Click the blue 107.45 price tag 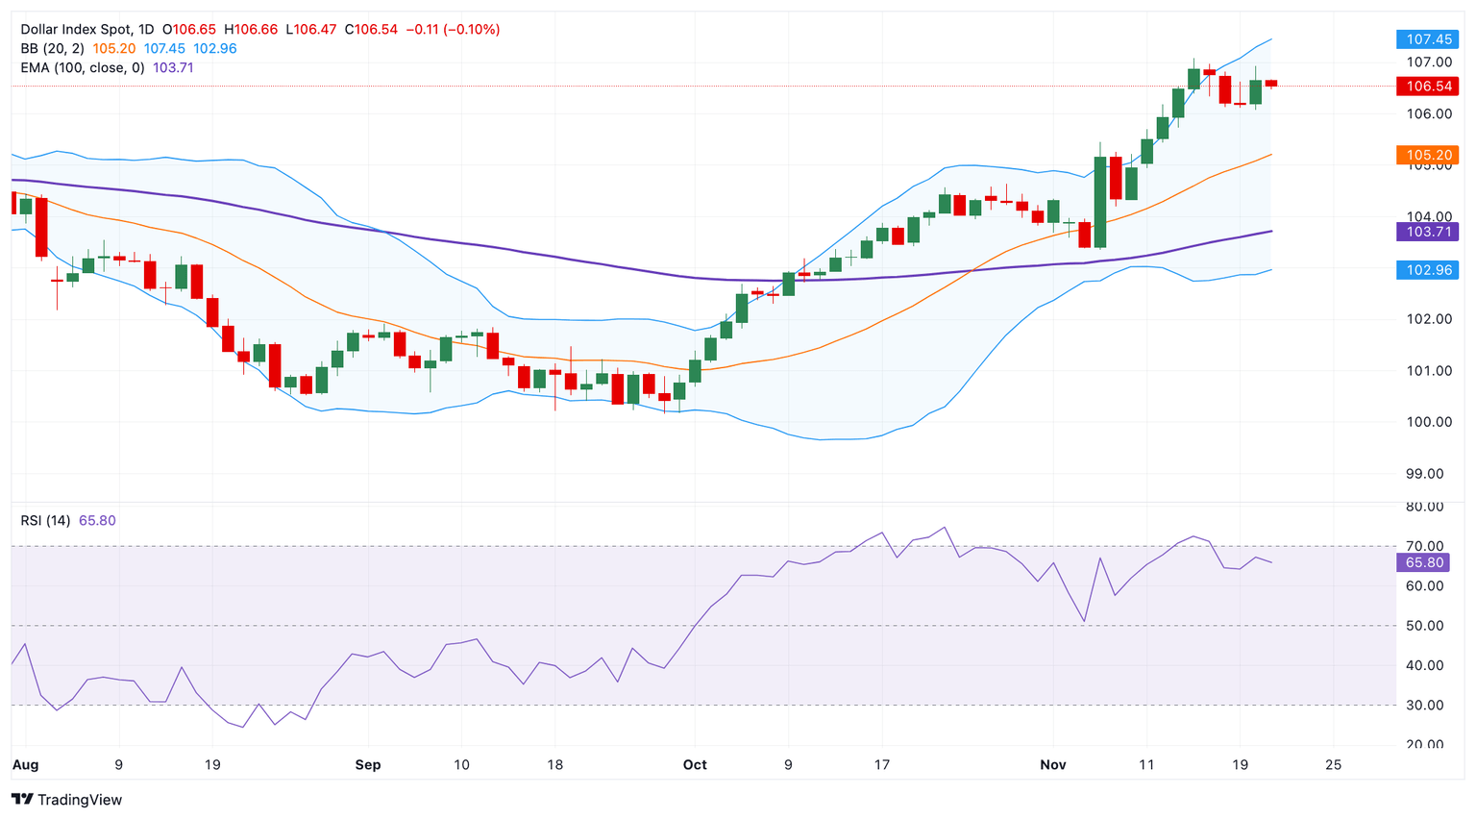[x=1428, y=39]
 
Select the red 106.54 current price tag [x=1428, y=87]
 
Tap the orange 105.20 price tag [x=1428, y=155]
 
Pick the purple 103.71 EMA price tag [x=1428, y=232]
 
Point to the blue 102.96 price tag [x=1428, y=270]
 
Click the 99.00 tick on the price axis [x=1429, y=474]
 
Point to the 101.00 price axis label [x=1429, y=371]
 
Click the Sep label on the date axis [x=368, y=765]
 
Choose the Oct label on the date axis [x=695, y=765]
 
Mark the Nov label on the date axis [x=1053, y=765]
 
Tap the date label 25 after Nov [x=1333, y=765]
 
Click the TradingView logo [x=67, y=800]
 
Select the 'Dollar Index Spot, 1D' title [x=86, y=30]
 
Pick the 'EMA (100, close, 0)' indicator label [x=83, y=68]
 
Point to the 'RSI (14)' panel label [x=45, y=521]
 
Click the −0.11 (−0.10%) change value [x=453, y=30]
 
